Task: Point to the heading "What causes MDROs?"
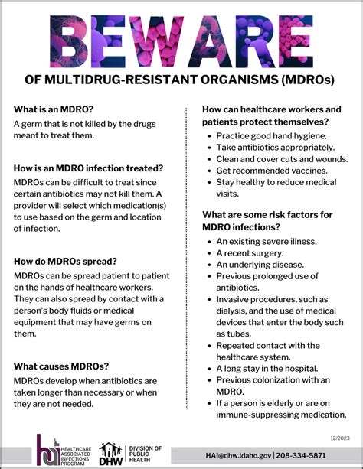pyautogui.click(x=60, y=365)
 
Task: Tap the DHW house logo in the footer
pyautogui.click(x=111, y=454)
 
